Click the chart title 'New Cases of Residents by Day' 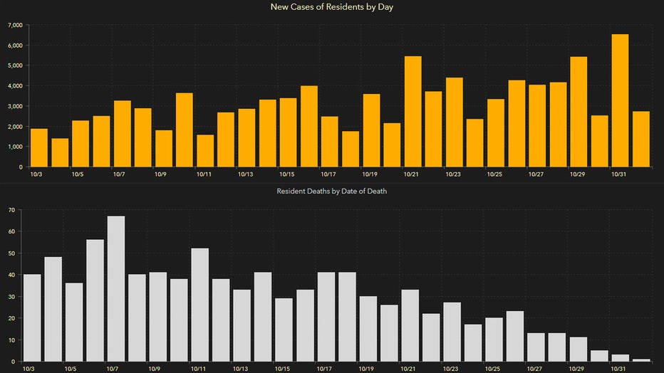click(332, 7)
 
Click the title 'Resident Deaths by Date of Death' click(332, 191)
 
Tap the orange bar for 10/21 click(413, 112)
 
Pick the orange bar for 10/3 click(39, 148)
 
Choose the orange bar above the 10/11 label click(205, 151)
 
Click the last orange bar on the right click(640, 139)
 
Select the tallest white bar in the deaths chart click(116, 289)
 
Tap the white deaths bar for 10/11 click(200, 305)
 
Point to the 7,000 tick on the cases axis click(14, 25)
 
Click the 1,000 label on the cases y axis click(14, 147)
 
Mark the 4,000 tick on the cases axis click(14, 86)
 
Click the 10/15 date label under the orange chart click(287, 174)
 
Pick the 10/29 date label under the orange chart click(577, 174)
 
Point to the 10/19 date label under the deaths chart click(366, 369)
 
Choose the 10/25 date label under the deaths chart click(492, 369)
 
